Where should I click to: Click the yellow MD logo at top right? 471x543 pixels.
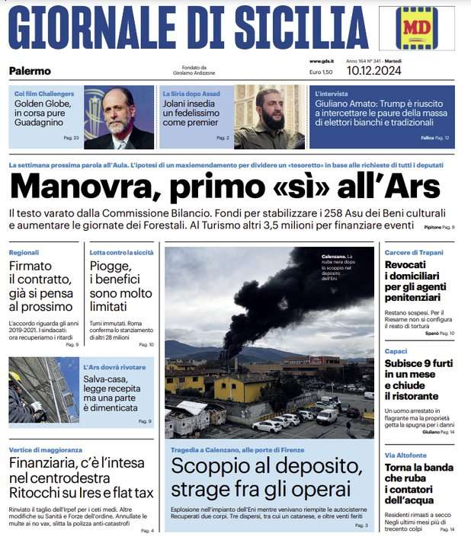[x=416, y=29]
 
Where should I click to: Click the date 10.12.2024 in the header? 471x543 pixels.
[x=373, y=72]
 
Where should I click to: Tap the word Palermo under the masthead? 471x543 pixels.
[x=30, y=71]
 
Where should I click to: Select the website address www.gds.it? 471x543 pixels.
[x=321, y=61]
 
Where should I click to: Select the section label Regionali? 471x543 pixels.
[x=24, y=251]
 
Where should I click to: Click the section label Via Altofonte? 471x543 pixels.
[x=405, y=455]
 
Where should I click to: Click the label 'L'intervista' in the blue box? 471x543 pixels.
[x=332, y=94]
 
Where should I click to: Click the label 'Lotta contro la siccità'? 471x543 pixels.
[x=120, y=251]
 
